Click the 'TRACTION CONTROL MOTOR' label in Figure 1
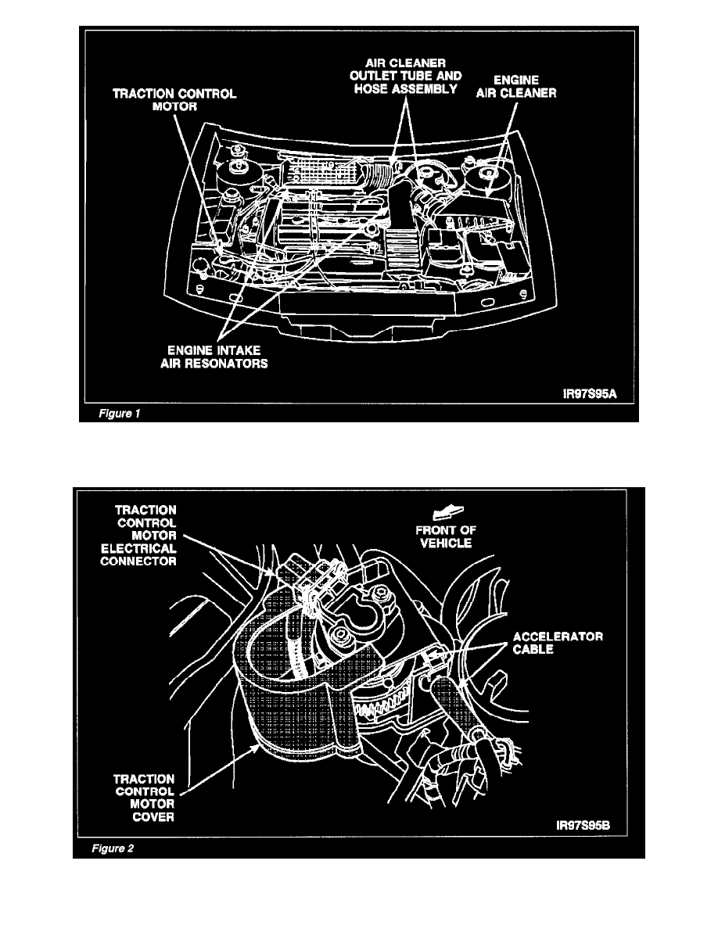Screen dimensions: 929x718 point(174,99)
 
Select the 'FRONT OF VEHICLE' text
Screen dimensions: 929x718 point(444,536)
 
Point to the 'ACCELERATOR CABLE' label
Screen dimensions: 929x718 point(558,643)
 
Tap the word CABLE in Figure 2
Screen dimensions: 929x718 point(558,650)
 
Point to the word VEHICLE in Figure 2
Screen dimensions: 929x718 point(444,542)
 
